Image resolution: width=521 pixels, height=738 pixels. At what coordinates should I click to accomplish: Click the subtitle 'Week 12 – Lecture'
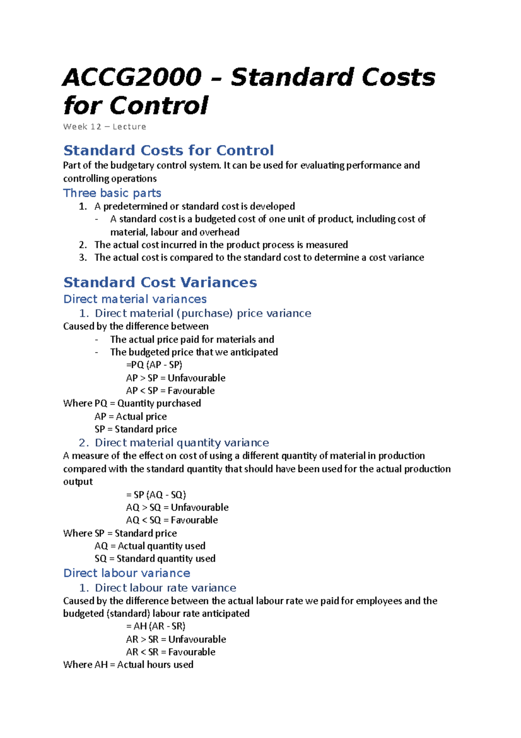click(x=105, y=127)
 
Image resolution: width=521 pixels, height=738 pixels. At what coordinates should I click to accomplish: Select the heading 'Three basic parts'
click(x=112, y=193)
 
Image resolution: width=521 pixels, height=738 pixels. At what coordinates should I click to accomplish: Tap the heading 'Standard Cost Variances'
click(x=160, y=283)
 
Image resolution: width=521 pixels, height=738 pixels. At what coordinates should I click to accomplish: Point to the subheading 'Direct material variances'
click(x=135, y=299)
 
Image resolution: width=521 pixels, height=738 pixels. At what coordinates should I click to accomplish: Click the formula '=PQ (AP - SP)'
click(x=154, y=365)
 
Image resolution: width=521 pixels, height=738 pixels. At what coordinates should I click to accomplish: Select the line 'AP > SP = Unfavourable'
click(x=175, y=378)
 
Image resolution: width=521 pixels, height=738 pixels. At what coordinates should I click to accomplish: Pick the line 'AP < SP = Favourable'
click(x=170, y=390)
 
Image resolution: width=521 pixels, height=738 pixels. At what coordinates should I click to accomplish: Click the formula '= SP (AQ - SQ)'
click(x=156, y=495)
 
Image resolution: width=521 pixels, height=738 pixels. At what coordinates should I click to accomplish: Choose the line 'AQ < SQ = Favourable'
click(x=172, y=520)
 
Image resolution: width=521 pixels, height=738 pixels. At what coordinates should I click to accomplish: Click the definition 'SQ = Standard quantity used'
click(x=155, y=558)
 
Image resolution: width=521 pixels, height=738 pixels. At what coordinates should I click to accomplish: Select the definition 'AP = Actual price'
click(x=131, y=416)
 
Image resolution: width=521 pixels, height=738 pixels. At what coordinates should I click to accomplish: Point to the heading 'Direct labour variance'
click(x=127, y=573)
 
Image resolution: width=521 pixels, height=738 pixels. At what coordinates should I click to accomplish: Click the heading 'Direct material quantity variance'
click(x=182, y=443)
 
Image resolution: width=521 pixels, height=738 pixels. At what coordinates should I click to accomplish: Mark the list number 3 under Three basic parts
click(x=83, y=257)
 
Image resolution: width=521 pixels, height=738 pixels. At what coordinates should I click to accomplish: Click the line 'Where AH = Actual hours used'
click(x=128, y=665)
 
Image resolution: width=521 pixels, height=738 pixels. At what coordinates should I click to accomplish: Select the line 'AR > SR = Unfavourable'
click(x=176, y=639)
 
